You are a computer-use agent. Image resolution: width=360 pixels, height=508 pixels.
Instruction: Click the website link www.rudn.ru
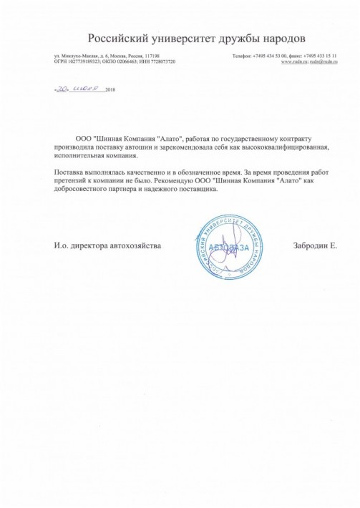(x=293, y=62)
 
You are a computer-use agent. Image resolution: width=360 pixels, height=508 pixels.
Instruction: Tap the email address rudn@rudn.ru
(x=323, y=62)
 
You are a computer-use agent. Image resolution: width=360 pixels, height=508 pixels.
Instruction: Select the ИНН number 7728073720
(x=160, y=62)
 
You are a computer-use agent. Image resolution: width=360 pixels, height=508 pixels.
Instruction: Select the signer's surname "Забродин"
(x=309, y=245)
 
